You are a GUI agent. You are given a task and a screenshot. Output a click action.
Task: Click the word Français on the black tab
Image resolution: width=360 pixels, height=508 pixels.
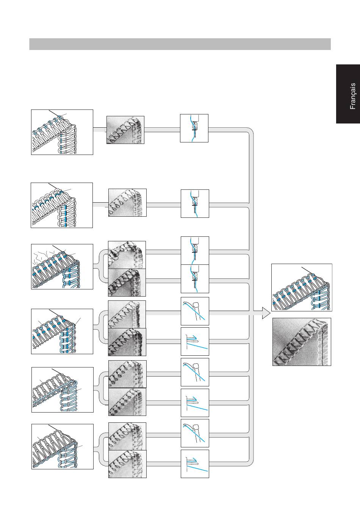click(x=353, y=96)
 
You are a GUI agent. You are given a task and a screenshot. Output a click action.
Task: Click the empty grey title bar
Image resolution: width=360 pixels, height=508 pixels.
click(x=180, y=44)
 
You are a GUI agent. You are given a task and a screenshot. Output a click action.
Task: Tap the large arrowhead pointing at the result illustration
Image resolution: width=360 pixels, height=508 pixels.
click(x=266, y=313)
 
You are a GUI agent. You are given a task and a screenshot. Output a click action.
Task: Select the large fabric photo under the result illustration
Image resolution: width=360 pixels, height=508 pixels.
click(x=302, y=342)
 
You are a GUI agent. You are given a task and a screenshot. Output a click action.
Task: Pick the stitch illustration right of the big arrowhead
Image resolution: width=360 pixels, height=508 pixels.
click(x=302, y=288)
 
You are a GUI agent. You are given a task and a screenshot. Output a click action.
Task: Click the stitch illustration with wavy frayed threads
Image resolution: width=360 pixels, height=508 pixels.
click(x=62, y=266)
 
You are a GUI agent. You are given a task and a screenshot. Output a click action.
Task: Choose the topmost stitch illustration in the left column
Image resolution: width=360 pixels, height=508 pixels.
click(x=62, y=132)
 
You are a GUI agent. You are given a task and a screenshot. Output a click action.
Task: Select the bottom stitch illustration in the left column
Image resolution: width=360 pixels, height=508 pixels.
click(x=63, y=447)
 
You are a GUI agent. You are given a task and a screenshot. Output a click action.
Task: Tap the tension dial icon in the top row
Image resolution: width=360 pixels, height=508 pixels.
click(x=194, y=128)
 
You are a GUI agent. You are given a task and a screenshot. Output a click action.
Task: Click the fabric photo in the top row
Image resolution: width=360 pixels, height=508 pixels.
click(x=125, y=130)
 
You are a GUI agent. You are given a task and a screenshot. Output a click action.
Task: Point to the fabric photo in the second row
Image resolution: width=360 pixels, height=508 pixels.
click(x=127, y=203)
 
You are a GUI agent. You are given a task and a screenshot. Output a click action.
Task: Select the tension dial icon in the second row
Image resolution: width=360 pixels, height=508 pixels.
click(x=195, y=204)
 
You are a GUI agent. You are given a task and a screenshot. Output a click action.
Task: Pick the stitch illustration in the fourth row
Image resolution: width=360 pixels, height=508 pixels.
click(x=62, y=331)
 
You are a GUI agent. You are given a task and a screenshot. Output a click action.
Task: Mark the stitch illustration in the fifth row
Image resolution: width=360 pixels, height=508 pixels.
click(x=63, y=389)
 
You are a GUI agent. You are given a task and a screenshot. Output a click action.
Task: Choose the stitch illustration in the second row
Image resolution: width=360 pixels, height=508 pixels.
click(x=62, y=205)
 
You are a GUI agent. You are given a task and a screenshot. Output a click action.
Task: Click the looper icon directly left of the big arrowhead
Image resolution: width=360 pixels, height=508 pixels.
click(x=195, y=311)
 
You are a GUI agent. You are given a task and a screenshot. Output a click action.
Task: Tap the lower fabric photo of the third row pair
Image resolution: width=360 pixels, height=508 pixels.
click(x=127, y=283)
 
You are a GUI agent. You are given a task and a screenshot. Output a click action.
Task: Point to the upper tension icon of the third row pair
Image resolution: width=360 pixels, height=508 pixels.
click(x=195, y=251)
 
